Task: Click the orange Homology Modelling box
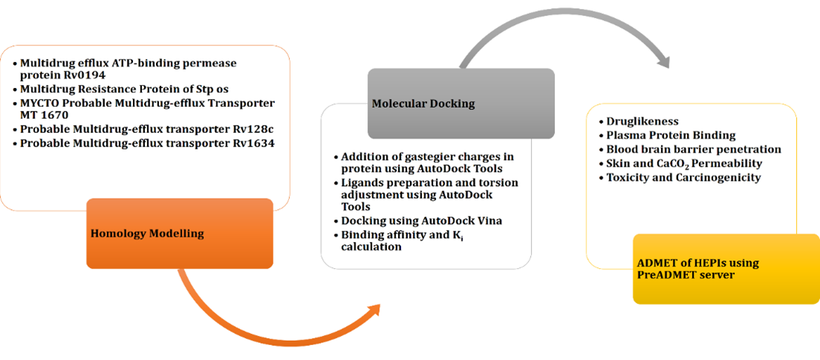pyautogui.click(x=179, y=233)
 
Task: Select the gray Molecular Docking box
pyautogui.click(x=460, y=104)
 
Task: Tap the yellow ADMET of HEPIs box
pyautogui.click(x=725, y=269)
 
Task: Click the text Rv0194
pyautogui.click(x=83, y=76)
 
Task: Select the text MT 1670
pyautogui.click(x=44, y=115)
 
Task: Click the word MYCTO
pyautogui.click(x=40, y=102)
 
